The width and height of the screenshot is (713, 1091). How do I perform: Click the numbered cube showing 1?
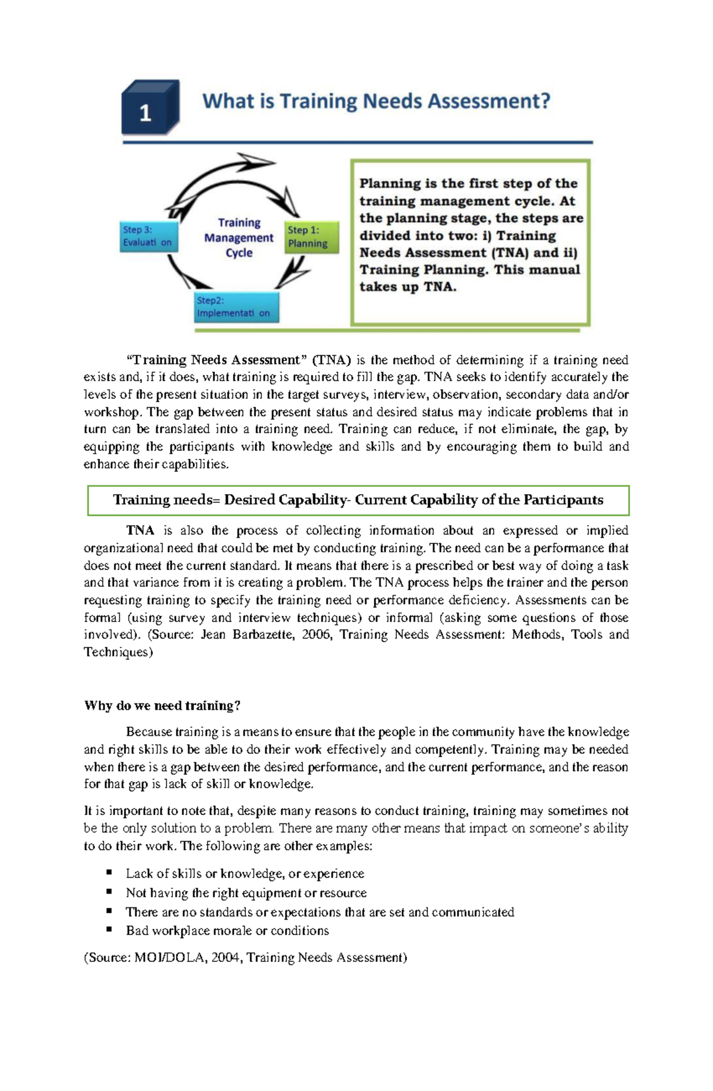point(149,109)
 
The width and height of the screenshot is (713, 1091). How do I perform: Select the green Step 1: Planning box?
point(311,237)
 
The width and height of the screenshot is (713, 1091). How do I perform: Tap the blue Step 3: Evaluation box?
point(149,237)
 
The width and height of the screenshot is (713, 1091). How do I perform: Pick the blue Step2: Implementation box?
point(236,307)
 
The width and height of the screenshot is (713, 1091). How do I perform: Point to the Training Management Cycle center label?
point(239,238)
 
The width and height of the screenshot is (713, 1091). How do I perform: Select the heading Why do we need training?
point(162,706)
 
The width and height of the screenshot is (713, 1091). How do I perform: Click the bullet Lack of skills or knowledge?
point(245,873)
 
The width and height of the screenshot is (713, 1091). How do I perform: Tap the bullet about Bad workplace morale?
point(227,930)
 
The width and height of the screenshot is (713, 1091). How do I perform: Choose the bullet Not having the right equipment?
point(246,892)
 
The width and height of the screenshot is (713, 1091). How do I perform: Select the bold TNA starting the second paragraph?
point(140,530)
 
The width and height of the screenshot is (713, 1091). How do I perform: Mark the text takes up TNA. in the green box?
point(408,287)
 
